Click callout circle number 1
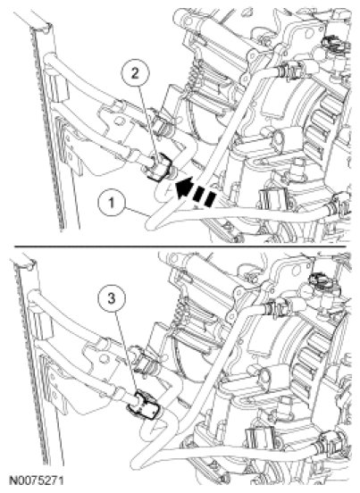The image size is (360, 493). pyautogui.click(x=112, y=203)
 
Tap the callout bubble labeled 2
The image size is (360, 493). pyautogui.click(x=135, y=74)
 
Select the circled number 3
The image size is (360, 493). pyautogui.click(x=113, y=298)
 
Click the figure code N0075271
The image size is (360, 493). pyautogui.click(x=37, y=480)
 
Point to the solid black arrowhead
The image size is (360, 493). pyautogui.click(x=183, y=188)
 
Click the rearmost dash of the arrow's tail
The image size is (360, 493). pyautogui.click(x=210, y=199)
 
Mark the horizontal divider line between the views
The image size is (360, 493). pyautogui.click(x=180, y=246)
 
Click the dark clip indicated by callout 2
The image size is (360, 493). pyautogui.click(x=161, y=166)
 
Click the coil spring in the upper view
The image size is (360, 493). pyautogui.click(x=195, y=75)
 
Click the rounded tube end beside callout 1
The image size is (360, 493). pyautogui.click(x=152, y=222)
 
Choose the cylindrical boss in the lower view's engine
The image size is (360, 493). pyautogui.click(x=267, y=377)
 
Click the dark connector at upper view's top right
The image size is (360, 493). pyautogui.click(x=334, y=43)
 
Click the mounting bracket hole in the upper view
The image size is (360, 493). pyautogui.click(x=119, y=121)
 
